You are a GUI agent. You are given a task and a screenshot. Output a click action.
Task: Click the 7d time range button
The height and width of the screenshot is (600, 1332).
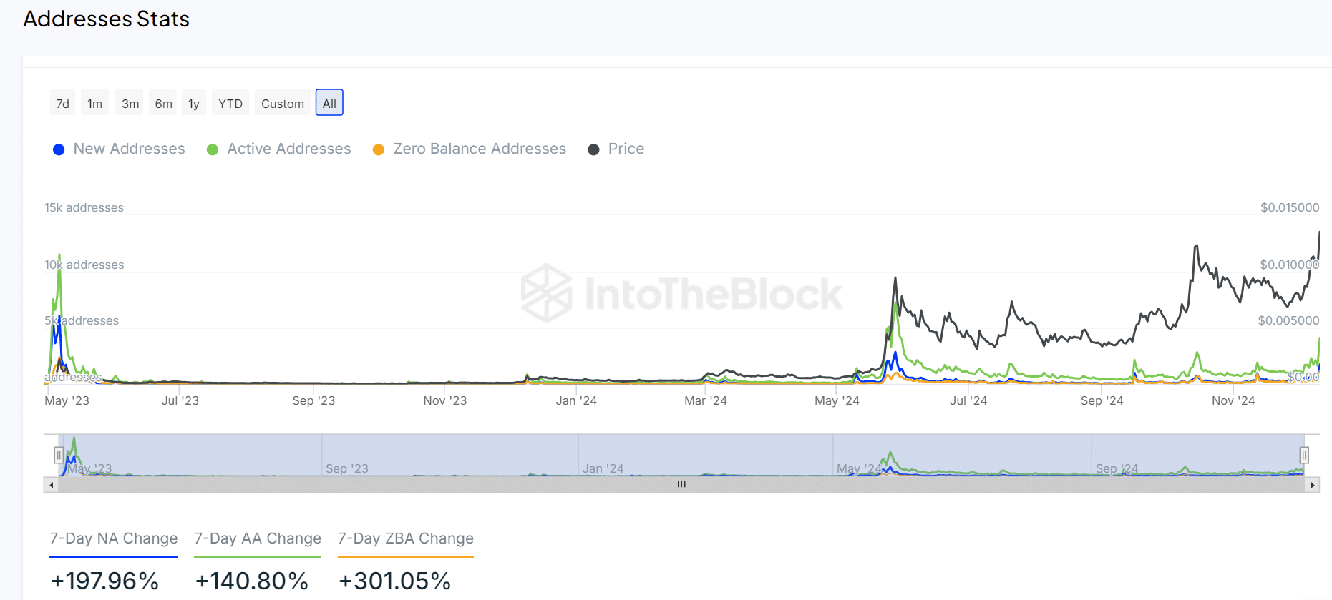(63, 104)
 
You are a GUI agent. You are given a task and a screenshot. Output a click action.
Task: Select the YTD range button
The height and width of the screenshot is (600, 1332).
(230, 104)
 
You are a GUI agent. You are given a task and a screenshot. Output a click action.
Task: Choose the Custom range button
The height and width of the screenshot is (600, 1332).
(283, 104)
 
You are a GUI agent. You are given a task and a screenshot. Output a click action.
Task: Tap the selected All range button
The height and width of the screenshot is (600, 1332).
(329, 103)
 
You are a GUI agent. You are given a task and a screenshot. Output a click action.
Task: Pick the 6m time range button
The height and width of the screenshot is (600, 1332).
(164, 104)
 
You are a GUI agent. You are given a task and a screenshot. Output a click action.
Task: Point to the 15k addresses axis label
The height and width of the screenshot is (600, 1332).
(84, 207)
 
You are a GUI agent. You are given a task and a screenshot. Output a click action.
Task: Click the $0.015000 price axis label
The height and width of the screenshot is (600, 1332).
(1290, 207)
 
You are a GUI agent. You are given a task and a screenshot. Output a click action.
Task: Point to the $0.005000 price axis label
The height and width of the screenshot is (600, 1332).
(1288, 320)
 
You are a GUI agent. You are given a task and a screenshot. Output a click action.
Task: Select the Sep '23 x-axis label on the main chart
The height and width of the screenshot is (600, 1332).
(313, 400)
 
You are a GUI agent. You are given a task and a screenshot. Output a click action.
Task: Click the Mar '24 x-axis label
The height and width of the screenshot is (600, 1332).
(706, 400)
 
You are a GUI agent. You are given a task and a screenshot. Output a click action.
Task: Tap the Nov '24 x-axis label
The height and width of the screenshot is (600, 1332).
(1233, 400)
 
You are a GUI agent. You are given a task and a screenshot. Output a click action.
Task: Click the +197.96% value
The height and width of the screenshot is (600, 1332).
(105, 581)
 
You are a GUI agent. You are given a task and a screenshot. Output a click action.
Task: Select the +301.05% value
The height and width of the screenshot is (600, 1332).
(394, 581)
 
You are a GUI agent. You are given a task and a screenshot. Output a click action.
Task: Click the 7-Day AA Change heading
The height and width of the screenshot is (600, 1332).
(258, 538)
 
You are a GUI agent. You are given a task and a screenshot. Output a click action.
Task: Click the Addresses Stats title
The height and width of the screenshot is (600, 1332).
(107, 19)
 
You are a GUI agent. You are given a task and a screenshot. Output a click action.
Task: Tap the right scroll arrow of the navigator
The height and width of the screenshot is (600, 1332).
(1312, 485)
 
